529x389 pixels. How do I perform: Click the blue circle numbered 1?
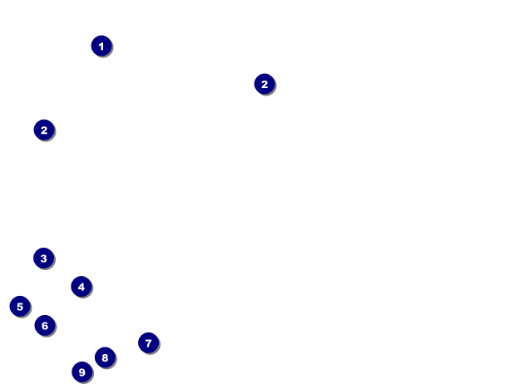(101, 46)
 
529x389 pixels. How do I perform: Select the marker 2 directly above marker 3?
(44, 130)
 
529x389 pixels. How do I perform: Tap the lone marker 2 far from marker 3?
(264, 84)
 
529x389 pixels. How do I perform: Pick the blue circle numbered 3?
(44, 259)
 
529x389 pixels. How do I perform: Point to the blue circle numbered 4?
(81, 287)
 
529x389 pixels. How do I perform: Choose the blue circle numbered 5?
(20, 307)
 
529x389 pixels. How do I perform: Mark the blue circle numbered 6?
(45, 326)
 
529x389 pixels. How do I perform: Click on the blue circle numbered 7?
(148, 342)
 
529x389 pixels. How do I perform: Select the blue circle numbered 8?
(104, 357)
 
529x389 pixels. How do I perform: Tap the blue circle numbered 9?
(82, 372)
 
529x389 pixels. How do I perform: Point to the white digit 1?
(101, 46)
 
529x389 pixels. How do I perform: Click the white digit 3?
(44, 259)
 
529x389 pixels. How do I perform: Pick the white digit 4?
(81, 287)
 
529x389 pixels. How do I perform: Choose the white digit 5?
(20, 307)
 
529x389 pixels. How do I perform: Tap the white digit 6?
(45, 326)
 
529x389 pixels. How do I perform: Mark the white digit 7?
(148, 342)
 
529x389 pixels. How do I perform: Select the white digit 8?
(104, 357)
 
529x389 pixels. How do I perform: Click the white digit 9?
(82, 372)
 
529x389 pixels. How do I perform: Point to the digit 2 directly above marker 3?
(44, 130)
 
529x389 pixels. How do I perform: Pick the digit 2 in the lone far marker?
(264, 84)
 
